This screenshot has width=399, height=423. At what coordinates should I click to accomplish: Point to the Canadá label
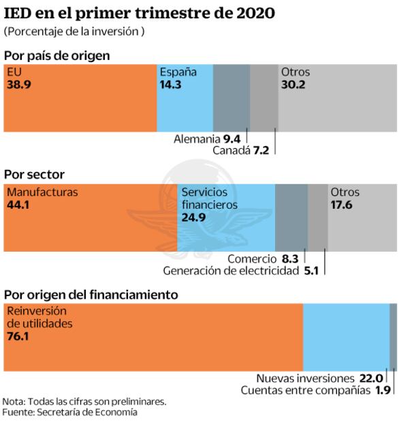pyautogui.click(x=232, y=150)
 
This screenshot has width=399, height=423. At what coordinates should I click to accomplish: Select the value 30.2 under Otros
pyautogui.click(x=293, y=85)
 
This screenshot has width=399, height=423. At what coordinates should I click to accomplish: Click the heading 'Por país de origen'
pyautogui.click(x=57, y=55)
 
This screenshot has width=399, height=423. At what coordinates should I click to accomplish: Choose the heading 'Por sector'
pyautogui.click(x=35, y=175)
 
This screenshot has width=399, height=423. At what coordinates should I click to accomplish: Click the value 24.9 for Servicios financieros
pyautogui.click(x=193, y=218)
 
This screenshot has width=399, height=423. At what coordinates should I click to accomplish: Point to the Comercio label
pyautogui.click(x=253, y=259)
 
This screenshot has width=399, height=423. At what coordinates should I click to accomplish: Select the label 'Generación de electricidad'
pyautogui.click(x=231, y=271)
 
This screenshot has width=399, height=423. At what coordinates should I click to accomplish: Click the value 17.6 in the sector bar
pyautogui.click(x=341, y=205)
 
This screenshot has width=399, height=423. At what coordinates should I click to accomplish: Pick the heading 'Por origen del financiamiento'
pyautogui.click(x=91, y=294)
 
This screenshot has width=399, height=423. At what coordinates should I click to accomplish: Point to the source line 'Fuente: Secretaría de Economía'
pyautogui.click(x=69, y=412)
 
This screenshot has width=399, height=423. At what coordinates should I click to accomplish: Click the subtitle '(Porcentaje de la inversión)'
pyautogui.click(x=74, y=32)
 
